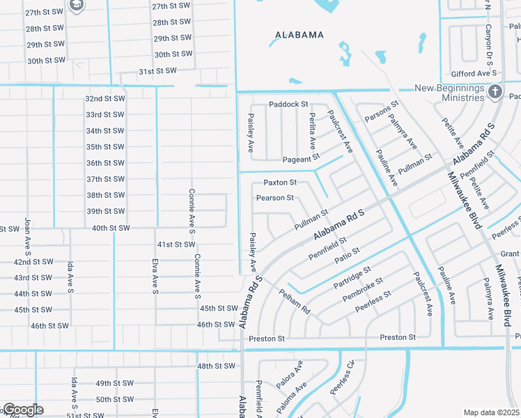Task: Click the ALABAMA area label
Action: (299, 35)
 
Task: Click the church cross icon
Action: (495, 91)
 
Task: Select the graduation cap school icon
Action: (76, 6)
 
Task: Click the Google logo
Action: (22, 410)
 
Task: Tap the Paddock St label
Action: (288, 104)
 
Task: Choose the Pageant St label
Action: (300, 159)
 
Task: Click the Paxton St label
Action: (280, 183)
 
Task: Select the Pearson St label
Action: (275, 198)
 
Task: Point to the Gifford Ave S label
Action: (473, 73)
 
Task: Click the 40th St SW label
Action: (111, 228)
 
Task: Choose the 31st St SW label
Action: (157, 71)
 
